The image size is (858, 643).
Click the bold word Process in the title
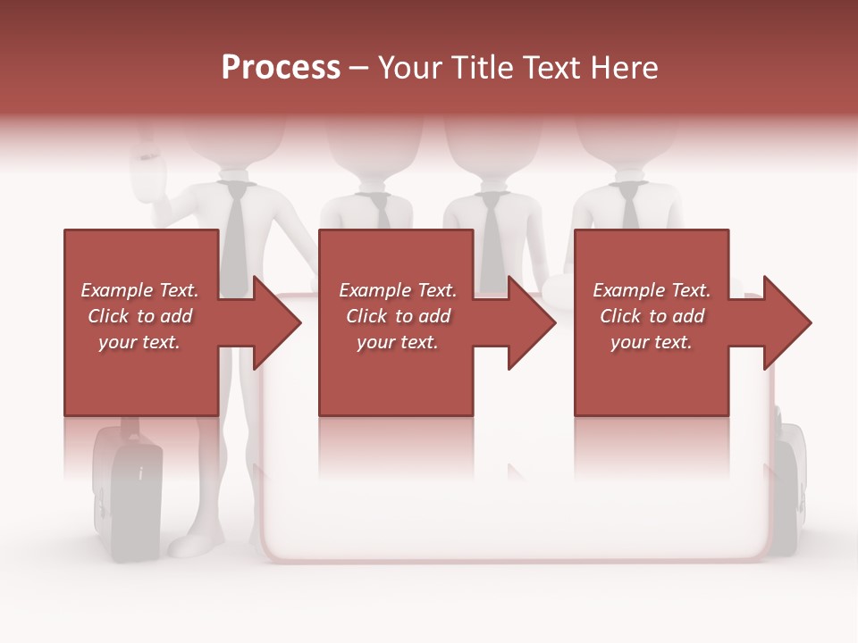point(281,68)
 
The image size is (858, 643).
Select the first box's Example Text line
point(139,290)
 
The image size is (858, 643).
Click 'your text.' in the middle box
point(397,342)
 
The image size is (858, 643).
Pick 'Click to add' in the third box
point(652,316)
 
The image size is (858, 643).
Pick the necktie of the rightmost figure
point(630,207)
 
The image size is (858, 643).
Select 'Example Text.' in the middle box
point(397,290)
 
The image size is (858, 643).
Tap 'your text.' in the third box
point(652,342)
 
